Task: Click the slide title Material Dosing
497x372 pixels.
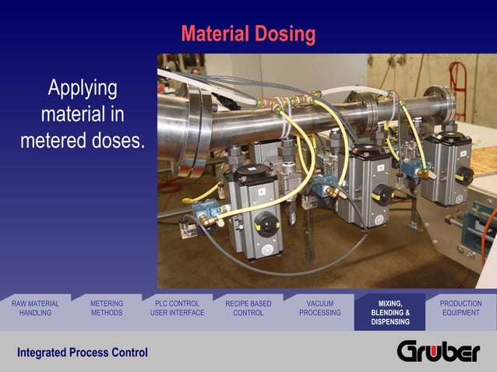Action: [248, 34]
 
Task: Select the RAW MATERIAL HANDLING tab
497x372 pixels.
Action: [35, 308]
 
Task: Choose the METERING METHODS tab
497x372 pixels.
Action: [107, 308]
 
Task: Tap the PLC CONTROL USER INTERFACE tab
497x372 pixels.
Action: [177, 308]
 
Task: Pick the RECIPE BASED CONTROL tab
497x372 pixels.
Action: [248, 308]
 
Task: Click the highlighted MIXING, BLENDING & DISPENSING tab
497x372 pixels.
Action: [389, 312]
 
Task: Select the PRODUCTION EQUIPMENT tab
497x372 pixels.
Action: [460, 308]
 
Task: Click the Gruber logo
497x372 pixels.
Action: [439, 352]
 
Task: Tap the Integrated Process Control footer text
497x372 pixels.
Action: [83, 353]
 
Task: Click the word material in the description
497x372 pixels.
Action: [71, 115]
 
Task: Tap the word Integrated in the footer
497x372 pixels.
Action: [41, 353]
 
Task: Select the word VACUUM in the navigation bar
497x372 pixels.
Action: [319, 304]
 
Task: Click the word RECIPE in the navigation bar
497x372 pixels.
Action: [238, 304]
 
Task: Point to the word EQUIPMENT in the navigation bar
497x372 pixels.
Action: [460, 313]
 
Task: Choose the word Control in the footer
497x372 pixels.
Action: [129, 353]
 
